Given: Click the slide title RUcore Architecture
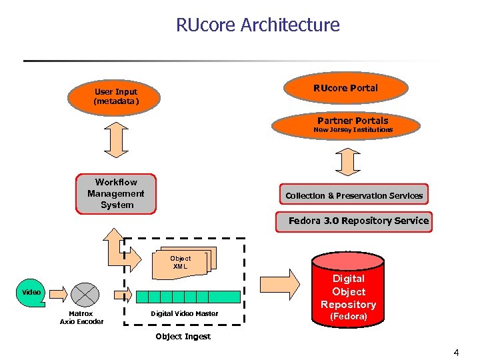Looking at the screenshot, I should coord(257,25).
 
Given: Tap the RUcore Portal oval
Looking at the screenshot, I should coord(345,88).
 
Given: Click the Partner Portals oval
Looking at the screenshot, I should coord(353,124).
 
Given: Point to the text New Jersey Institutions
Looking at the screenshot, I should coord(353,130).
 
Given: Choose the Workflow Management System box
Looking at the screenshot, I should coord(116,193).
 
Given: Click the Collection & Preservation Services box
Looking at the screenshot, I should coord(354,195).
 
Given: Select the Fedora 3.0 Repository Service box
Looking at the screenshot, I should coord(358,221).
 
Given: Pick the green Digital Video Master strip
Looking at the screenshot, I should coord(187,296).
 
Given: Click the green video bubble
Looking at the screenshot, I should coord(31,293).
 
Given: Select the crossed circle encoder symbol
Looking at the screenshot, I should coord(85,294).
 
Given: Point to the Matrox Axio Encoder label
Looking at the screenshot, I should coord(81,317).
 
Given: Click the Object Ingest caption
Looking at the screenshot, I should coord(183,337).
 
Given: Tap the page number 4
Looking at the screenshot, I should coord(456,351).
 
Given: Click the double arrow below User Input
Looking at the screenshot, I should coord(116,141).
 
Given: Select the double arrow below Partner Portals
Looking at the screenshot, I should coord(348,160).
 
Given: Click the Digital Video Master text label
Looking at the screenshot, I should coord(184,313).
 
